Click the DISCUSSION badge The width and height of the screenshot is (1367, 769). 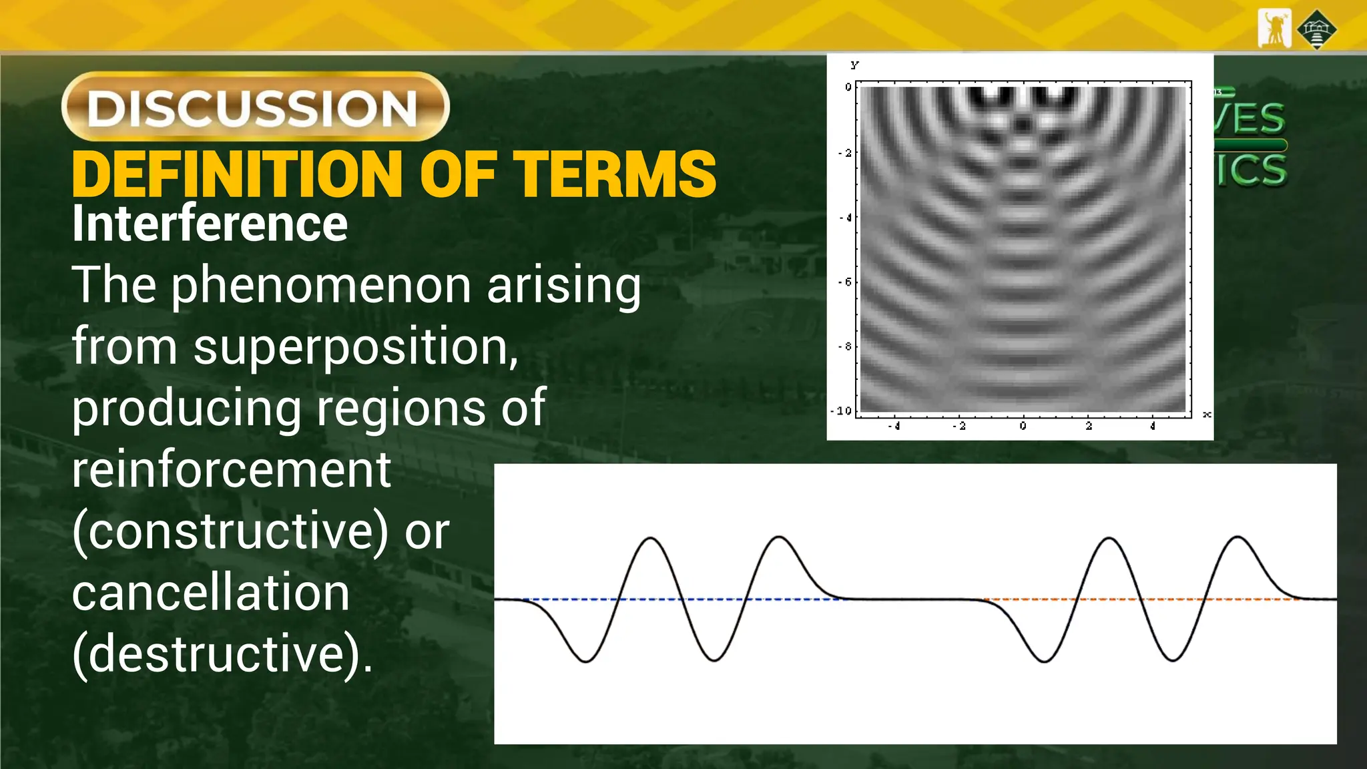[x=255, y=107]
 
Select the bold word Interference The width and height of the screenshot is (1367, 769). [x=210, y=224]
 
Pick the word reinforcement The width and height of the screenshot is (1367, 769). [x=231, y=470]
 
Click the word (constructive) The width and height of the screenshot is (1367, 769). [x=230, y=532]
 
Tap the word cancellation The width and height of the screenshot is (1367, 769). [x=210, y=593]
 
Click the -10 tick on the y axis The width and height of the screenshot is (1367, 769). [x=842, y=411]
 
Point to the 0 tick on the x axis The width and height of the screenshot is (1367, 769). [x=1023, y=426]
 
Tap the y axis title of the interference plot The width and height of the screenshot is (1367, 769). [x=855, y=65]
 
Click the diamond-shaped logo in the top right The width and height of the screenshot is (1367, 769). [x=1317, y=29]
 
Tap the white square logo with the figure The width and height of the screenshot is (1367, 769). [x=1274, y=29]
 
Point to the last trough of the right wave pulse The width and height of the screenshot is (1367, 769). [x=1173, y=660]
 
